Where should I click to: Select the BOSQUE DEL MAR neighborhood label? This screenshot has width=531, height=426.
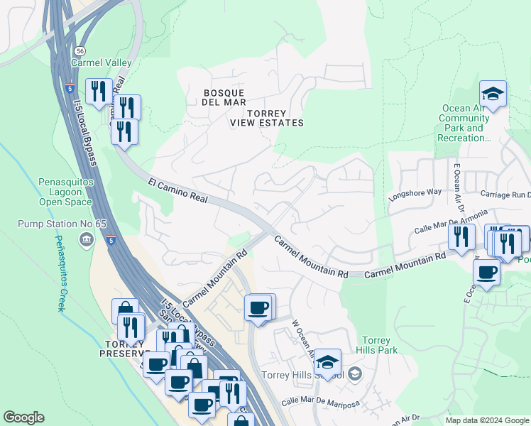tap(224, 98)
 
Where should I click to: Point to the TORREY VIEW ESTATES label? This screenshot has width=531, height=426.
tap(267, 118)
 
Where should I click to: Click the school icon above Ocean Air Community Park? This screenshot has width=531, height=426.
tap(493, 94)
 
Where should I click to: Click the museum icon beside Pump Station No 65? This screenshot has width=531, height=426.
tap(87, 239)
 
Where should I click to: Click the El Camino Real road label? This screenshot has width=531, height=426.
tap(177, 192)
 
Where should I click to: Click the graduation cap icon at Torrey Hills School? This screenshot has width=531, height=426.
tap(327, 361)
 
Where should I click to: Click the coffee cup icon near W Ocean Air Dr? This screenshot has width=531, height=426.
tap(258, 307)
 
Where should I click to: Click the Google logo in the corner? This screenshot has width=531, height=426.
tap(23, 417)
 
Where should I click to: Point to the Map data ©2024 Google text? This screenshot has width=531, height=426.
tap(486, 420)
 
